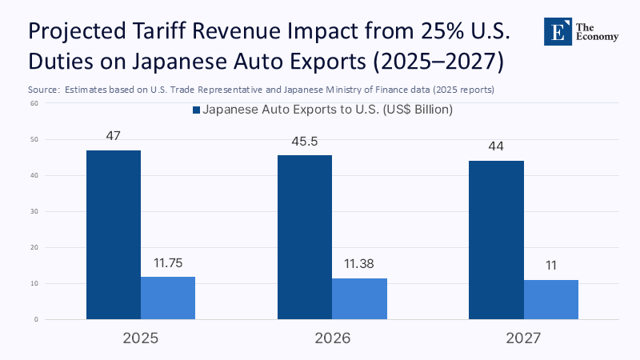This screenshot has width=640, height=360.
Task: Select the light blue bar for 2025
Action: pyautogui.click(x=168, y=298)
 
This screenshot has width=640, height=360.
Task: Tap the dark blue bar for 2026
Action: pyautogui.click(x=305, y=237)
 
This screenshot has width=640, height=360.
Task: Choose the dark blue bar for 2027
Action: pyautogui.click(x=496, y=240)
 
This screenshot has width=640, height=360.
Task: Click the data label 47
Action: pyautogui.click(x=113, y=136)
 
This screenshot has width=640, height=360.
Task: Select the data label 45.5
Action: pyautogui.click(x=305, y=141)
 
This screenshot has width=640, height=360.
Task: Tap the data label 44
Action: pyautogui.click(x=496, y=146)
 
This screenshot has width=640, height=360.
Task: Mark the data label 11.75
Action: pyautogui.click(x=168, y=262)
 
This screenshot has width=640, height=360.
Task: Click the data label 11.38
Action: pyautogui.click(x=359, y=264)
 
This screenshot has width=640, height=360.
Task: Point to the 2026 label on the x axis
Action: pyautogui.click(x=332, y=338)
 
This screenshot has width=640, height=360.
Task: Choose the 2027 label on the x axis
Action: pyautogui.click(x=524, y=338)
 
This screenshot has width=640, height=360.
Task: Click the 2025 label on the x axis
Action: pyautogui.click(x=141, y=338)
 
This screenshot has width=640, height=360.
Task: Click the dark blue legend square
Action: pyautogui.click(x=196, y=110)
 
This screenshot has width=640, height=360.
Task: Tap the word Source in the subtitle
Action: pyautogui.click(x=43, y=90)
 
